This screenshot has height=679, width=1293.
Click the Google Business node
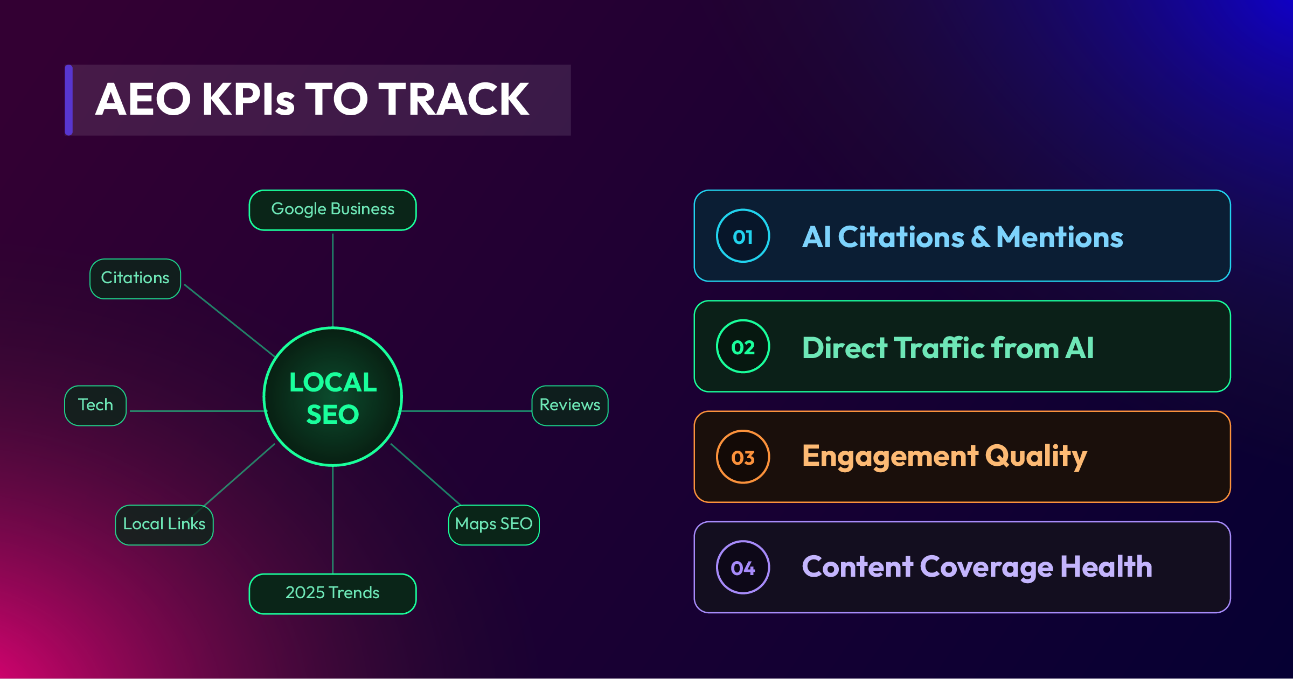click(x=332, y=210)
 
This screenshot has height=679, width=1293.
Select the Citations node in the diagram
click(x=135, y=278)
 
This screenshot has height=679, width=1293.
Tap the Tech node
click(x=95, y=405)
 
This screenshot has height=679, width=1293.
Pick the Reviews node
click(x=570, y=405)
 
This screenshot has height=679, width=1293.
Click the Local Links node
click(x=164, y=524)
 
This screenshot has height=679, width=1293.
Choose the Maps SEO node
click(x=494, y=524)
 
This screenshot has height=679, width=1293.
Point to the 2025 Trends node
click(x=332, y=593)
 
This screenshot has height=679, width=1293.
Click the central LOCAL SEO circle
click(x=333, y=397)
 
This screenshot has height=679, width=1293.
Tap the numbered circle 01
click(x=743, y=236)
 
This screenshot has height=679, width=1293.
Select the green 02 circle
click(x=743, y=346)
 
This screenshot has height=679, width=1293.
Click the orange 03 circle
click(x=743, y=457)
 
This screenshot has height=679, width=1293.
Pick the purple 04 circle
click(x=743, y=567)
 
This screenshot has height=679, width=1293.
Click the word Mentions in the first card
click(x=1060, y=237)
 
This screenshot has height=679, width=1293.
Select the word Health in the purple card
click(x=1107, y=566)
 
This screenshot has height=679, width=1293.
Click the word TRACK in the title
click(x=454, y=100)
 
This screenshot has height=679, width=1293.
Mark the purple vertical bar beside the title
click(x=68, y=100)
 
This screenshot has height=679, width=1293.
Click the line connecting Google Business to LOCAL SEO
click(x=332, y=280)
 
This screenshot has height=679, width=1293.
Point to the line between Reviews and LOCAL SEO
click(x=467, y=411)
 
